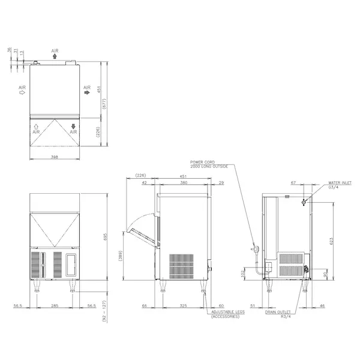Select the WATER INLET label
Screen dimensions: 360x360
[x=339, y=184]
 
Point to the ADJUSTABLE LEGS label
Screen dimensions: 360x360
[x=225, y=313]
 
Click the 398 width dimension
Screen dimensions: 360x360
[x=55, y=157]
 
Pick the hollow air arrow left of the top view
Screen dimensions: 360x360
[x=22, y=93]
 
